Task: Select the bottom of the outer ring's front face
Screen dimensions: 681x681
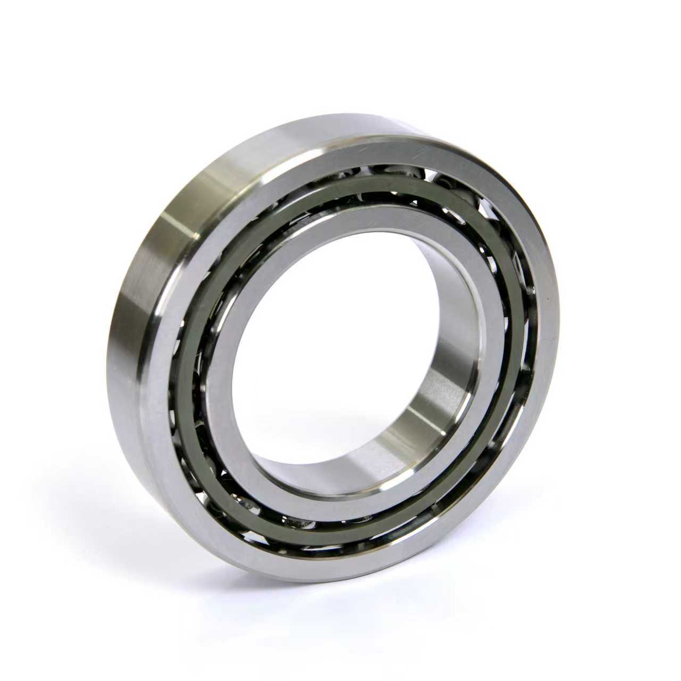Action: [x=319, y=564]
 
